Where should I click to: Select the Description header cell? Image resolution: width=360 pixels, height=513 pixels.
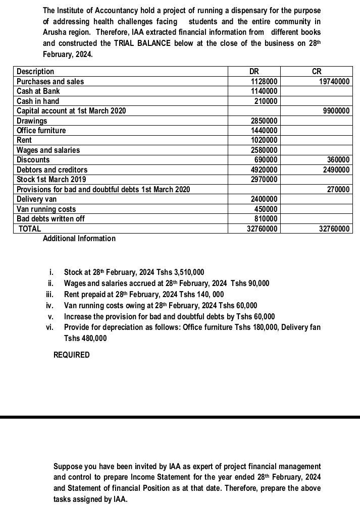point(35,72)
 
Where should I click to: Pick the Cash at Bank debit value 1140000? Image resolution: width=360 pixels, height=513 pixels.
point(264,91)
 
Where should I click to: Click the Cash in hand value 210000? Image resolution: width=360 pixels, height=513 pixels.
point(266,101)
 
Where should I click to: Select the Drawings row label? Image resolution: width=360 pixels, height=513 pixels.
point(32,121)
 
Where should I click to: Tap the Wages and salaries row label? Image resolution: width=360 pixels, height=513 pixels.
point(48,150)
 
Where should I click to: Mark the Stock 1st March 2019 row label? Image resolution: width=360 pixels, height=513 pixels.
point(52,180)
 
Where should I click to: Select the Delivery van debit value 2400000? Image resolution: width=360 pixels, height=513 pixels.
point(264,199)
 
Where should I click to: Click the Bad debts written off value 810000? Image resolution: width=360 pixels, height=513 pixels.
point(266,219)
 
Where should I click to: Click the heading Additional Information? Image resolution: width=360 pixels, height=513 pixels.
point(79,239)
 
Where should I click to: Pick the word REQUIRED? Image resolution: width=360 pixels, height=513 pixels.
point(72,355)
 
